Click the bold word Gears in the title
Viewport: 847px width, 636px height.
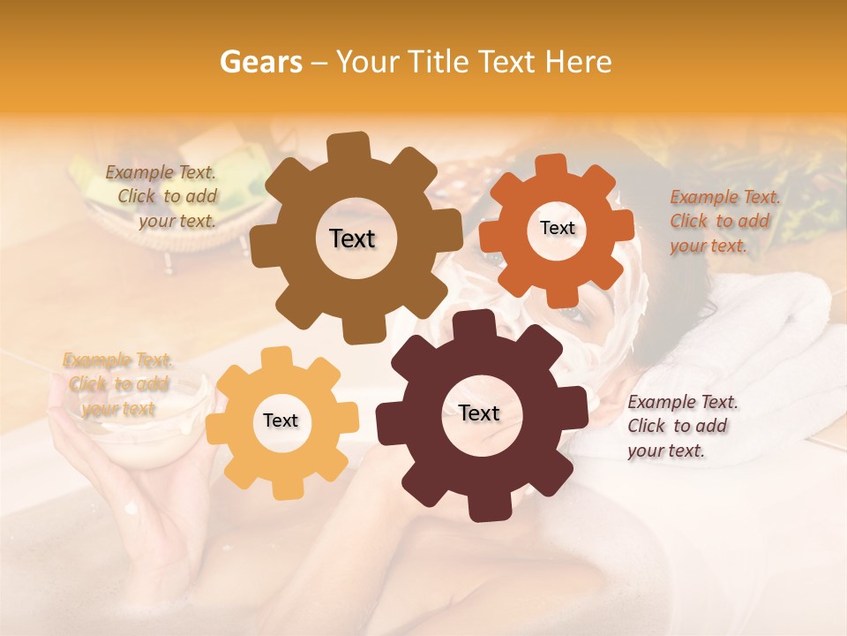259,62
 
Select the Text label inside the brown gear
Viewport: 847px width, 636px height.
352,238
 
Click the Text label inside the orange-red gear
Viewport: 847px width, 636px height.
557,228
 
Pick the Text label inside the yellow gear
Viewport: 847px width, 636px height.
281,420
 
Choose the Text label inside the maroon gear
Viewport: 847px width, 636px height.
479,413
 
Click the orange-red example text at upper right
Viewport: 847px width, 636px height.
723,221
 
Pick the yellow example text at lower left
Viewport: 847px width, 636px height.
117,383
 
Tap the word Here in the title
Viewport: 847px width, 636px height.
579,62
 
